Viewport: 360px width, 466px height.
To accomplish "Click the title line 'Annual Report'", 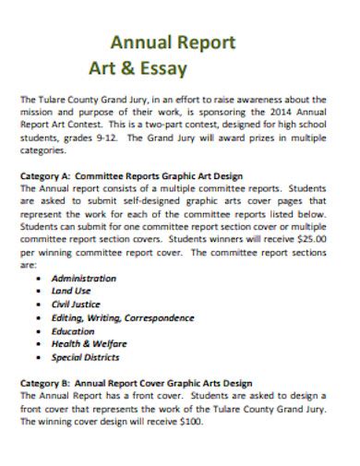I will coord(173,42).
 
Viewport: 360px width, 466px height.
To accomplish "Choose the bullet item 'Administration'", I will coord(84,278).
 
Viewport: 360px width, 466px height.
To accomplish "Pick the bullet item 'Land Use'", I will coord(71,291).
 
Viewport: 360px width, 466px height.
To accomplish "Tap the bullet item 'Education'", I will coord(73,331).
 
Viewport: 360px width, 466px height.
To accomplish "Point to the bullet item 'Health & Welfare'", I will coord(89,344).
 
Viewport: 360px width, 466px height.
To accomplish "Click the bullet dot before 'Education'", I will coord(37,331).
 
